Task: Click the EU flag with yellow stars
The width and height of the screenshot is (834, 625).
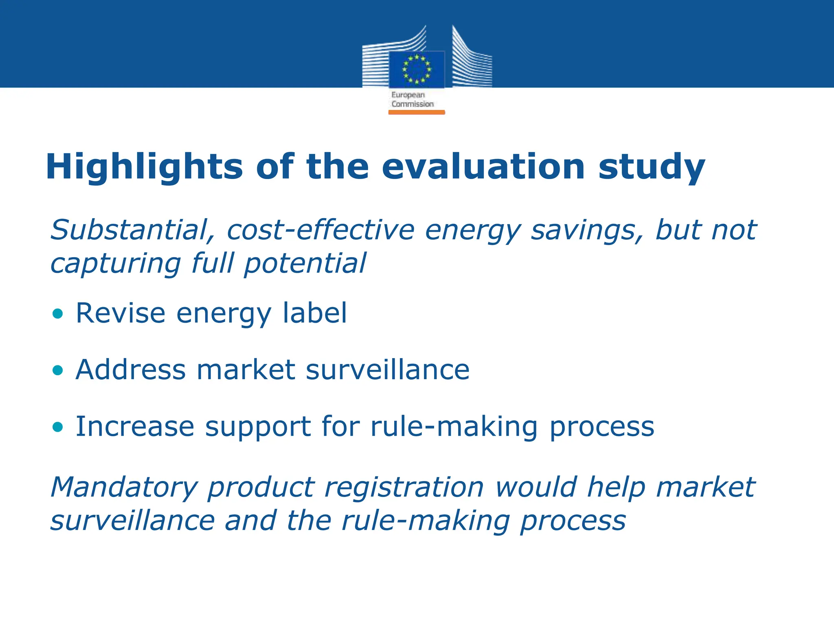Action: coord(416,69)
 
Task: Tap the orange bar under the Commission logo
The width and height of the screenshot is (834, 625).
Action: coord(416,112)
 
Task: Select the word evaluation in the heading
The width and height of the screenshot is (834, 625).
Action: coord(483,167)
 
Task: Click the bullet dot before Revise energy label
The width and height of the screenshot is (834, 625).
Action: coord(58,313)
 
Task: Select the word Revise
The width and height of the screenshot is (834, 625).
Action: coord(121,313)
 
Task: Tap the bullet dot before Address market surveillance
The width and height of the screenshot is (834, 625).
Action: coord(58,370)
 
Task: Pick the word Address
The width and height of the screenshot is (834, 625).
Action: coord(131,370)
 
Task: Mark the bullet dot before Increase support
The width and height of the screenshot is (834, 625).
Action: coord(58,426)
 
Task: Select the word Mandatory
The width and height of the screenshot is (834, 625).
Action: coord(123,487)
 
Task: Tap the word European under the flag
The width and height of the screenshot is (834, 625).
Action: coord(408,95)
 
